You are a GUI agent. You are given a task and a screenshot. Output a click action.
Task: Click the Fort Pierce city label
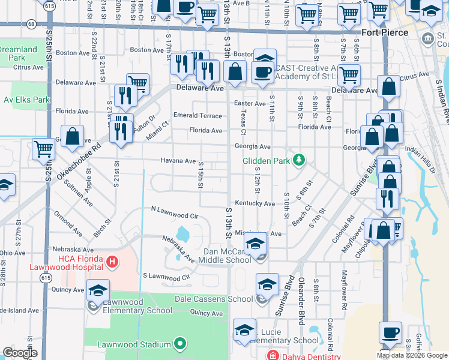(384, 32)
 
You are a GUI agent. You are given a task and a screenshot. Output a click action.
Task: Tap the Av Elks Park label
(26, 100)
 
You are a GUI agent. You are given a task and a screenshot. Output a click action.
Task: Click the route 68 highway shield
(31, 23)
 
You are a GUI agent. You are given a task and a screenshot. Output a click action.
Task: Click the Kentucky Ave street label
(255, 204)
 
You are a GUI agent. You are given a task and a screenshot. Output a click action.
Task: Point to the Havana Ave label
(178, 161)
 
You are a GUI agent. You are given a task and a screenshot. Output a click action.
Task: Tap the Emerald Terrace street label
(197, 115)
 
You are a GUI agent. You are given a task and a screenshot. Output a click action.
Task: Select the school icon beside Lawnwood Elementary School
(98, 290)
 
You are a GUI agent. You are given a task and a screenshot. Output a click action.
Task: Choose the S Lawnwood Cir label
(166, 277)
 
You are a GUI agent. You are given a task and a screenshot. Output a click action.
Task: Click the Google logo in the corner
(20, 353)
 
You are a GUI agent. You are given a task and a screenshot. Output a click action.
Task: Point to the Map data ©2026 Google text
(412, 355)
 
